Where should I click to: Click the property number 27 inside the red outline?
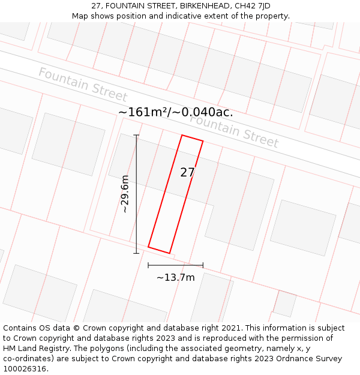[187, 173]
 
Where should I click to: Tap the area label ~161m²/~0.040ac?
[175, 112]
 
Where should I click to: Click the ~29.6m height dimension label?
[124, 194]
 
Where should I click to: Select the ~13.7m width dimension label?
[175, 277]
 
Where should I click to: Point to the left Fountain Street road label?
[83, 85]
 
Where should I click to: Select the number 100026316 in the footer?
[25, 369]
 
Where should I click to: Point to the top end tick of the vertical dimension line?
[136, 136]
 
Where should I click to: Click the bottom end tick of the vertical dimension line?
[136, 253]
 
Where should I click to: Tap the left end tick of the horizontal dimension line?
[148, 265]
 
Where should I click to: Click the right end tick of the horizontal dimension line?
[203, 265]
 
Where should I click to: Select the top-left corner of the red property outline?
[182, 135]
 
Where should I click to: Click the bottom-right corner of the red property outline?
[169, 253]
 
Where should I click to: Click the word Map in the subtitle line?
[80, 16]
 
